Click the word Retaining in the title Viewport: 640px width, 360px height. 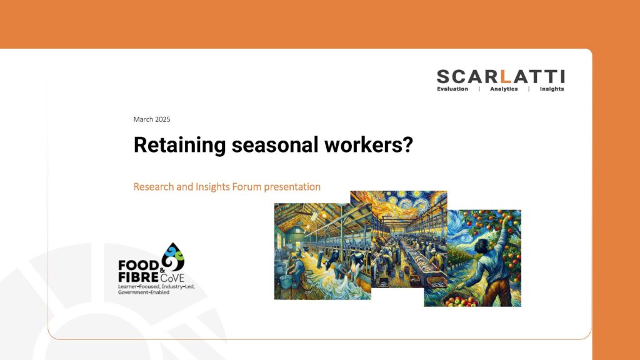pos(179,145)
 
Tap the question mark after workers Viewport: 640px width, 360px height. pos(407,144)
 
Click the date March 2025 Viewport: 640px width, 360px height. pos(152,119)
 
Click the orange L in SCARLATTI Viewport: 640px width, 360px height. pos(506,77)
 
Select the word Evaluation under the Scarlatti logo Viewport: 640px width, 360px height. pos(452,89)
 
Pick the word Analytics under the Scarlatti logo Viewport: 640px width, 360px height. pos(504,89)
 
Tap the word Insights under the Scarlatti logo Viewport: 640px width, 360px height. pos(552,89)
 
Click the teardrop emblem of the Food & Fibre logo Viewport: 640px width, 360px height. pos(173,257)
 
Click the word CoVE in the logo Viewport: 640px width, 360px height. pos(172,278)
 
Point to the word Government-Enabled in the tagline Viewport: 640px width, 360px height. pos(144,292)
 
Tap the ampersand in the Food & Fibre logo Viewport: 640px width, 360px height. pos(162,270)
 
